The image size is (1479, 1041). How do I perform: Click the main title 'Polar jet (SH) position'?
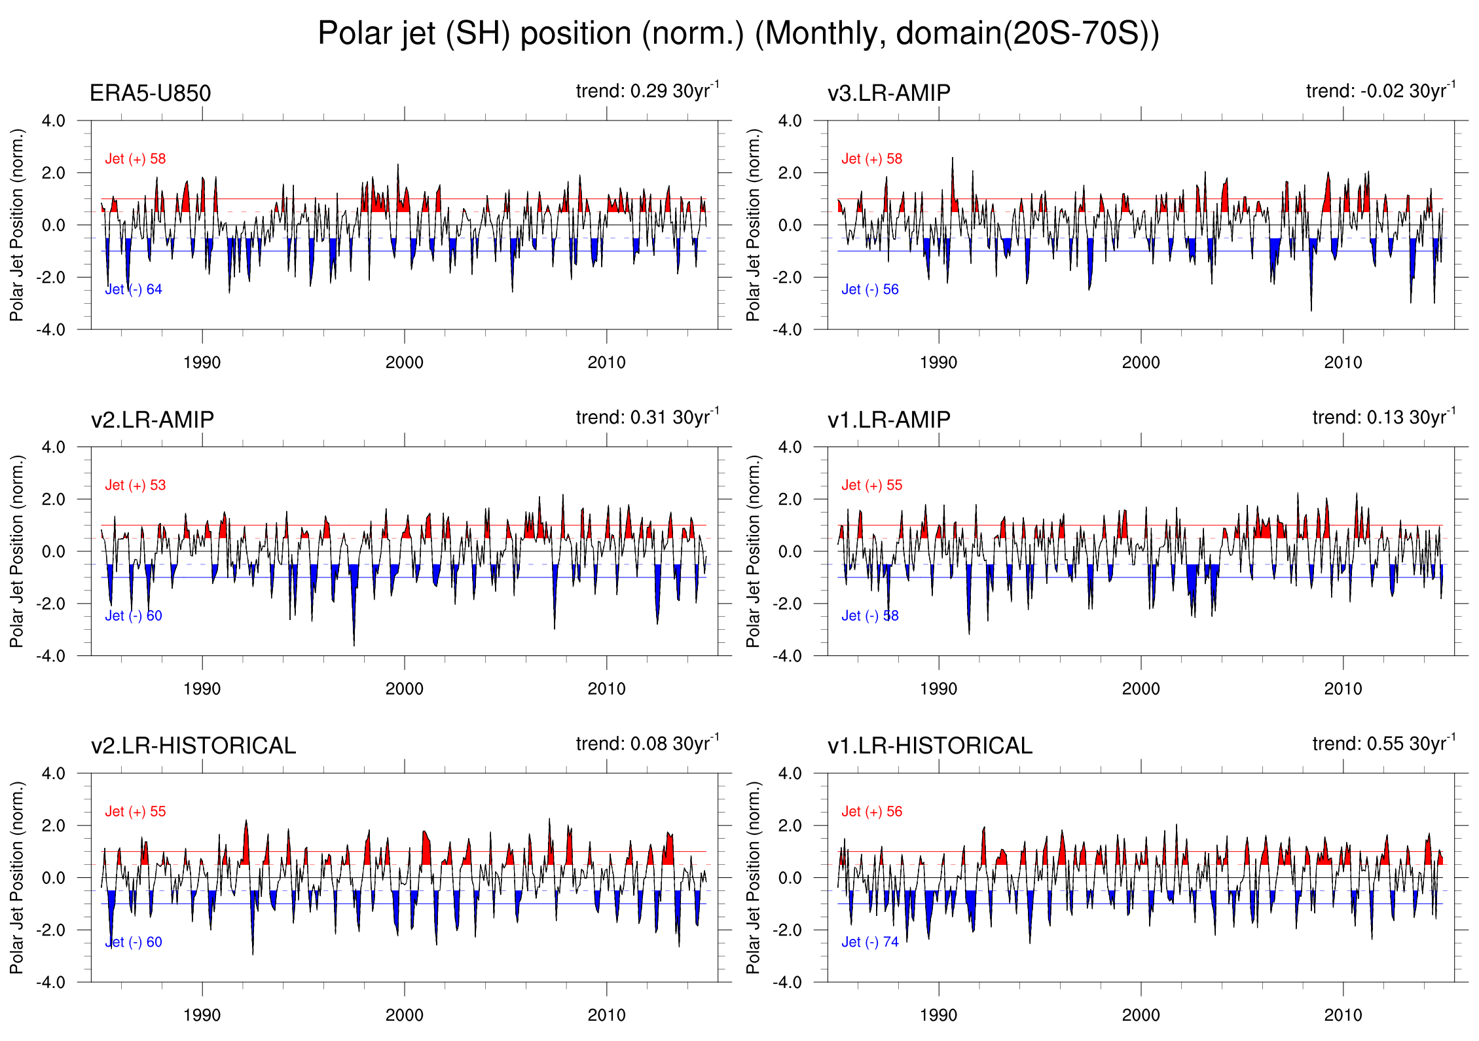[x=738, y=33]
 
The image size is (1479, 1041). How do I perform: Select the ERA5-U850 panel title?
[x=150, y=93]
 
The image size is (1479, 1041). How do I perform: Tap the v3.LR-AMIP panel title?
[x=888, y=93]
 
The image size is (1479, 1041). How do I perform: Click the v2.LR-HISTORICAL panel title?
[x=193, y=745]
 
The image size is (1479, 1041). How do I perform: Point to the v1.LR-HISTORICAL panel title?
[x=930, y=745]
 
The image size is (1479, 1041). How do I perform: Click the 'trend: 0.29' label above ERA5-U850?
[x=647, y=90]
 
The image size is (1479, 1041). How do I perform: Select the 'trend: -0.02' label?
[x=1380, y=90]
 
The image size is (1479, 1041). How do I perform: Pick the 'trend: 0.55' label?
[x=1383, y=743]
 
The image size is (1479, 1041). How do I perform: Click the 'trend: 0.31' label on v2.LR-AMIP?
[x=647, y=417]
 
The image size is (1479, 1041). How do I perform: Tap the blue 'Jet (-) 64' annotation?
[x=134, y=289]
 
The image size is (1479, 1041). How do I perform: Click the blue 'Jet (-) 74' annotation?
[x=870, y=942]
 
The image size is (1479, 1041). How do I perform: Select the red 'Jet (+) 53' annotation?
[x=136, y=485]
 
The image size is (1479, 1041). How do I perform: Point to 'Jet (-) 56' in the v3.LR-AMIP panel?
[x=870, y=289]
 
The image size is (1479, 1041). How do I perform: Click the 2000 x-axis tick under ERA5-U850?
[x=404, y=362]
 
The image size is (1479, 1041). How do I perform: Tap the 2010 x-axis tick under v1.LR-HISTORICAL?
[x=1343, y=1015]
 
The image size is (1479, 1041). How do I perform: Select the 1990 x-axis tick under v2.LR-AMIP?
[x=202, y=689]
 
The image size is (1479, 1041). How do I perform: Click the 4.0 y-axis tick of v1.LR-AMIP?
[x=790, y=447]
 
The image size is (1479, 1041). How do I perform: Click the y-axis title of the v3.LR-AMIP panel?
[x=754, y=225]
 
